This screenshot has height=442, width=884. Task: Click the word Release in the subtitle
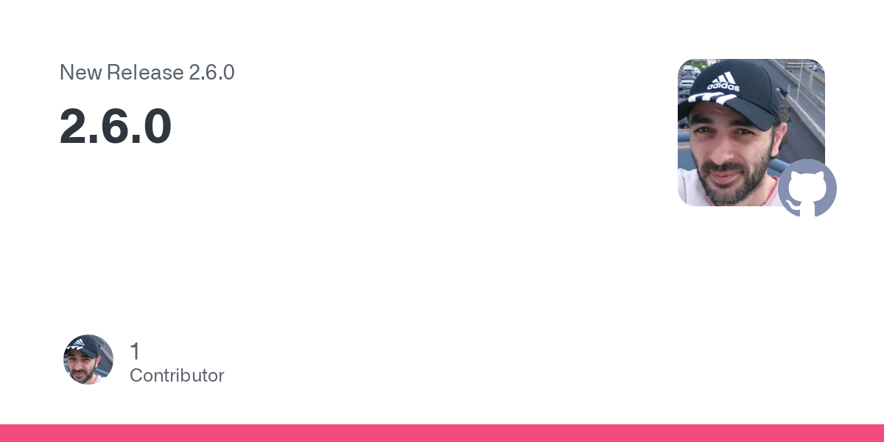click(x=145, y=72)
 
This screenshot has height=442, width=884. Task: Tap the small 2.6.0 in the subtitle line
click(x=211, y=72)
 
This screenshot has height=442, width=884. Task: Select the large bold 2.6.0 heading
click(x=115, y=126)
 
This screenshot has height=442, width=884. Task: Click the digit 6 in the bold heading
click(x=116, y=126)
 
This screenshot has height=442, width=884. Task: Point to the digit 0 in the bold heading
click(x=157, y=126)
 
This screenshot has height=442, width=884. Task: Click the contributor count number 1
click(x=135, y=351)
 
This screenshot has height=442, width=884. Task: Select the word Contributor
click(x=177, y=376)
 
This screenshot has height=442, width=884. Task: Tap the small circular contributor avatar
click(x=88, y=359)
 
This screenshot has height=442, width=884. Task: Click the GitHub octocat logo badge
click(x=807, y=188)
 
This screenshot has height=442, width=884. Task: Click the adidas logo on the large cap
click(x=723, y=82)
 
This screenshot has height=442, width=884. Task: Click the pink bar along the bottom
click(x=442, y=433)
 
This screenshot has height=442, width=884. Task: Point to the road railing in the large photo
click(x=801, y=107)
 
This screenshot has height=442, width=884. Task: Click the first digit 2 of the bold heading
click(x=74, y=126)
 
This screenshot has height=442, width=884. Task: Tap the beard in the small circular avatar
click(x=84, y=375)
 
